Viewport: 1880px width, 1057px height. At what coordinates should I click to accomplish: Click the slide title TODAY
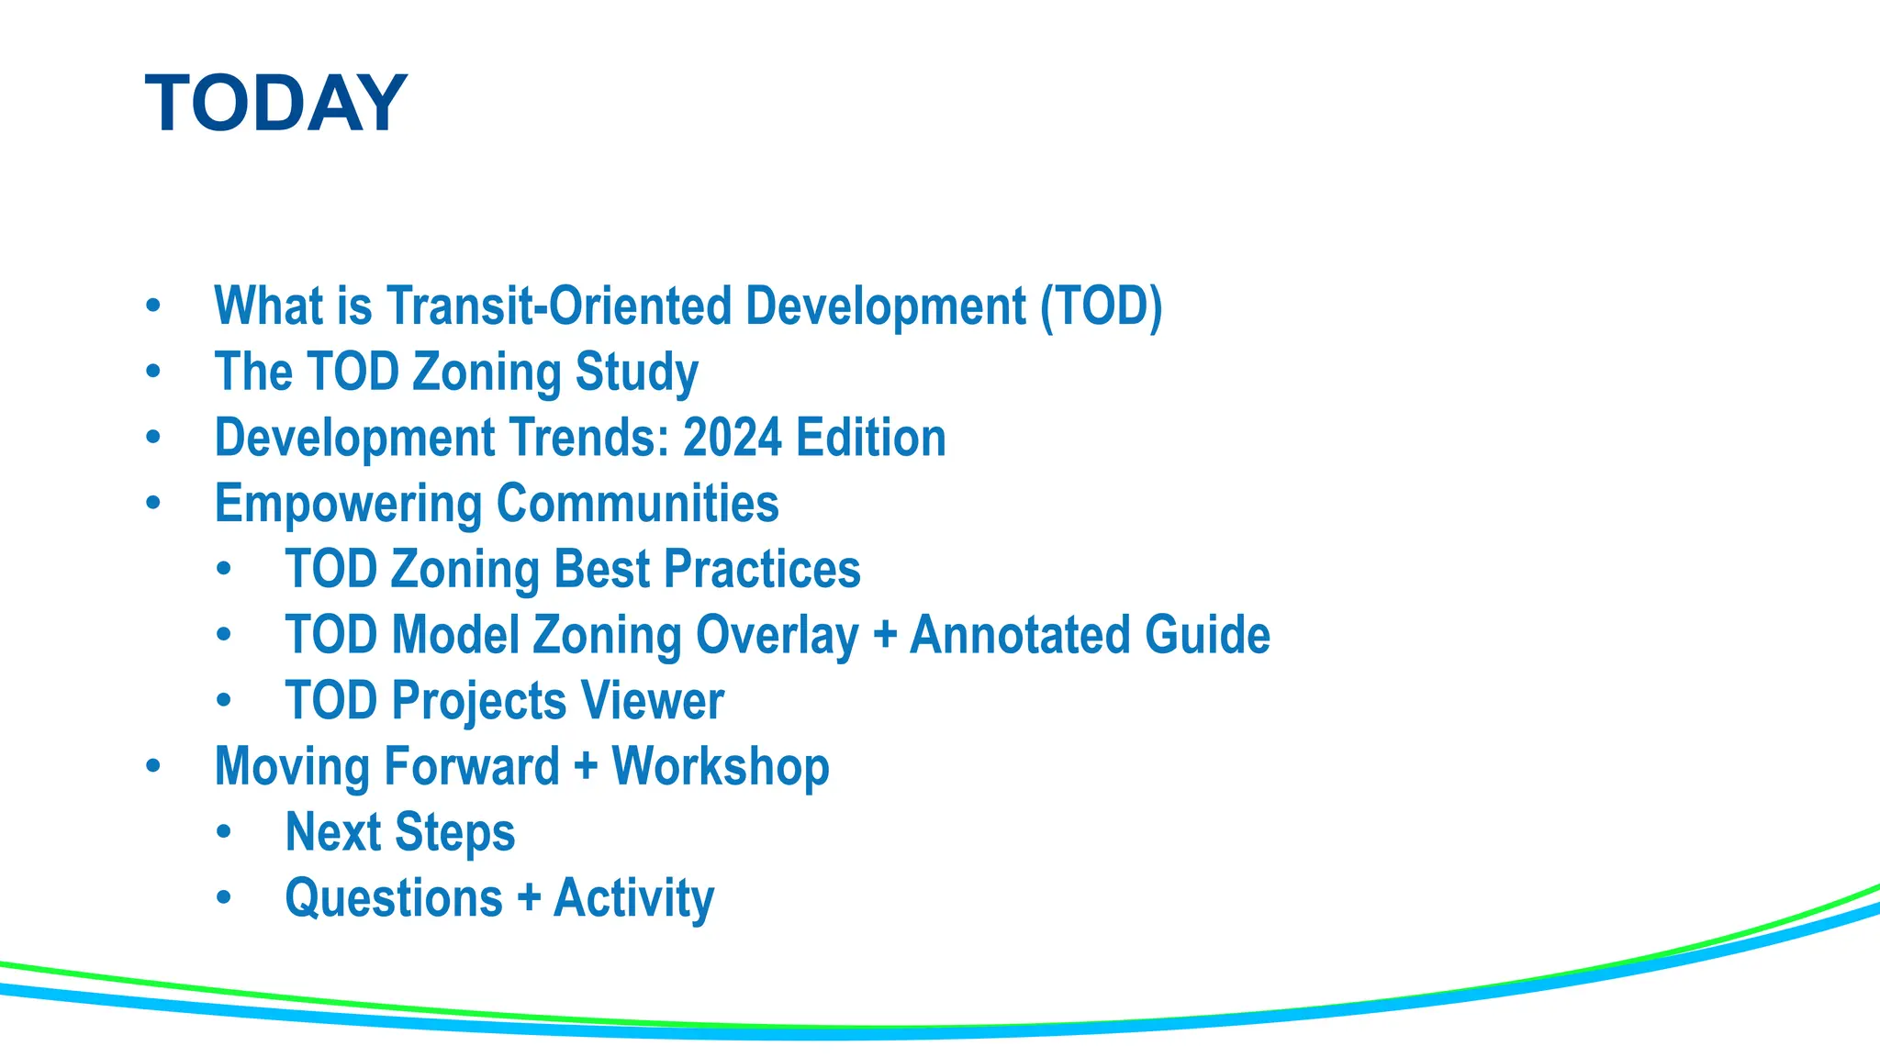pyautogui.click(x=275, y=104)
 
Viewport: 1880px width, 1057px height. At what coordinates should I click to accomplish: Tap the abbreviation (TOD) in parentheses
pyautogui.click(x=1101, y=306)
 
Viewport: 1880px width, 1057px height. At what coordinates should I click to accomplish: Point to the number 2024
pyautogui.click(x=732, y=438)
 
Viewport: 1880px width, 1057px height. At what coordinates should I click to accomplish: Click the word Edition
pyautogui.click(x=870, y=438)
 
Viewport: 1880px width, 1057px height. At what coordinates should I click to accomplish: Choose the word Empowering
pyautogui.click(x=348, y=504)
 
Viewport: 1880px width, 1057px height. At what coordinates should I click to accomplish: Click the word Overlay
pyautogui.click(x=777, y=635)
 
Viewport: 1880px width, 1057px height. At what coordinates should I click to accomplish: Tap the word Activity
pyautogui.click(x=633, y=898)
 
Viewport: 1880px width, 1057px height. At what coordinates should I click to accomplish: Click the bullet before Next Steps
pyautogui.click(x=224, y=833)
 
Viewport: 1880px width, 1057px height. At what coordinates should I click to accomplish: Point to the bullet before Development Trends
pyautogui.click(x=153, y=438)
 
